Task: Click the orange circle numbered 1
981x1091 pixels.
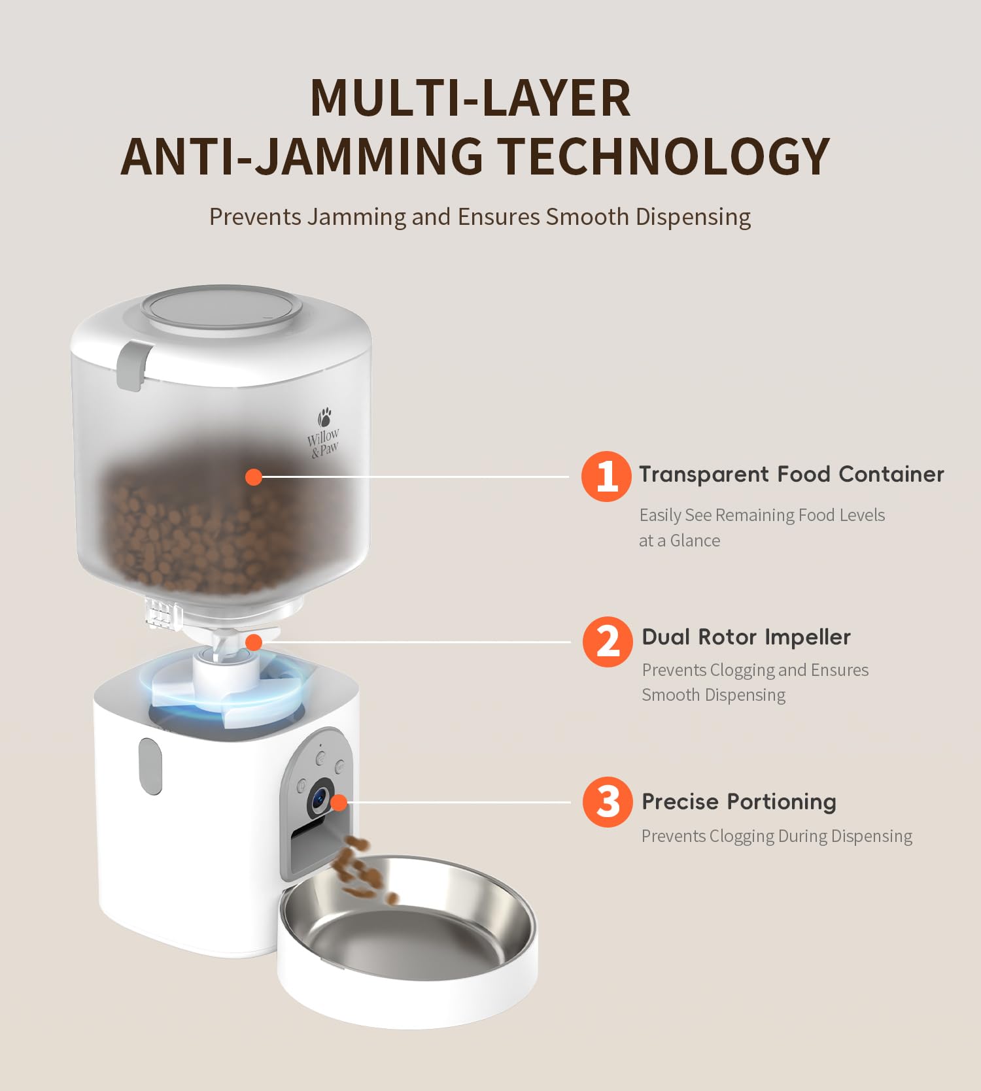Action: (606, 476)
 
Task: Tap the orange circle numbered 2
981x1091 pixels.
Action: (608, 642)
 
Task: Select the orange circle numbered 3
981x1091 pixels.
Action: (608, 802)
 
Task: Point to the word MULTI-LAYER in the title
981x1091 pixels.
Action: (471, 98)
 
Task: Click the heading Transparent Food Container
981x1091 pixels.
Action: (791, 474)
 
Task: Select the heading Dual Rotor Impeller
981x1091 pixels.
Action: (746, 637)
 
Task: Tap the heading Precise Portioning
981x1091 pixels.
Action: (739, 801)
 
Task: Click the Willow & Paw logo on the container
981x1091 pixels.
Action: (323, 433)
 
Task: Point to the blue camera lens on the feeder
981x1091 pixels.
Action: (319, 797)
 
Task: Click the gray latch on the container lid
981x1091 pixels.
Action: (133, 365)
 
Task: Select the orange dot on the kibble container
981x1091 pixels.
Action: (254, 477)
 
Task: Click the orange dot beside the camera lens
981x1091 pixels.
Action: (338, 802)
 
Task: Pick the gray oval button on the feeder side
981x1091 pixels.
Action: (150, 766)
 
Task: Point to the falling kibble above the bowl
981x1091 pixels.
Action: (360, 869)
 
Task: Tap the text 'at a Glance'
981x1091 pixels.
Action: (680, 541)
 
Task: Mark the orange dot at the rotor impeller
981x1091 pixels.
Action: (254, 643)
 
